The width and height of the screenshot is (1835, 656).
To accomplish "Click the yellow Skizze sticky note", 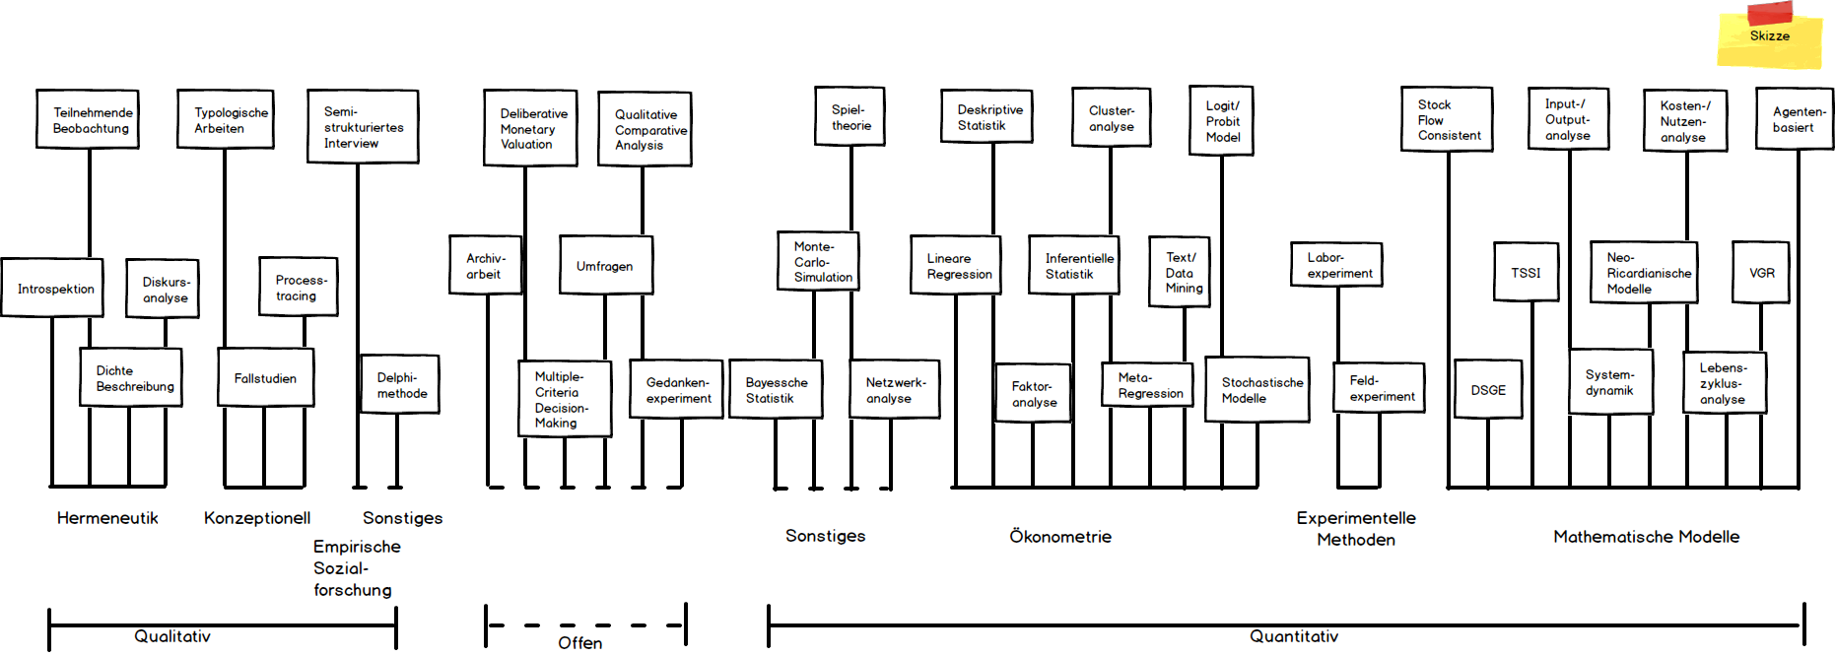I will [1769, 37].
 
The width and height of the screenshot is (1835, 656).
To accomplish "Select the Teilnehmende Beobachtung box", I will [88, 119].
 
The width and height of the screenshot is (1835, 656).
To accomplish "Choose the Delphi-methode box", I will [399, 384].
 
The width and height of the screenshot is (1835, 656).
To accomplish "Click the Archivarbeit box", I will [485, 266].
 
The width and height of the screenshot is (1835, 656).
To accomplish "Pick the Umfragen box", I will [605, 265].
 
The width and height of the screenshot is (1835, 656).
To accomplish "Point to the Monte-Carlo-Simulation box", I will [817, 261].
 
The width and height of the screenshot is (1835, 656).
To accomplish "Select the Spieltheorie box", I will [850, 117].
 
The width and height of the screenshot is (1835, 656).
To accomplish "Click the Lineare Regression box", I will [955, 265].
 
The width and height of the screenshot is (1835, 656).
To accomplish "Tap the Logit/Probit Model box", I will [1221, 121].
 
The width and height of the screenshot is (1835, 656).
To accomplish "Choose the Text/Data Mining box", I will [1180, 272].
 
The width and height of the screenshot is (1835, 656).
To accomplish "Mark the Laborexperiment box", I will [1336, 265].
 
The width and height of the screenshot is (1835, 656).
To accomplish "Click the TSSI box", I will [1526, 272].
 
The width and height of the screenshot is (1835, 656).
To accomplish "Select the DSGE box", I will [1488, 390].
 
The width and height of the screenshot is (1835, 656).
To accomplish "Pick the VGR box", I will [1761, 273].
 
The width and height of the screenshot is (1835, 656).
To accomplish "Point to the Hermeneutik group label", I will [107, 518].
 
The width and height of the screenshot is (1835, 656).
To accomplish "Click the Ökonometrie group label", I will [1060, 537].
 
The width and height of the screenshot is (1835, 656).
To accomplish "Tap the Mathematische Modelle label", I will [1646, 537].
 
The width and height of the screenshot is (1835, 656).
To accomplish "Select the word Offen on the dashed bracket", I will [580, 643].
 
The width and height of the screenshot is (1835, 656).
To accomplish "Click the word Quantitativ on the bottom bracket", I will [1294, 637].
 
